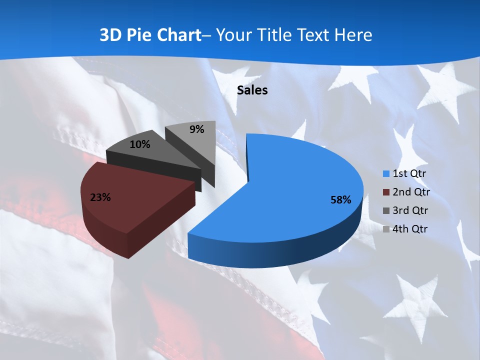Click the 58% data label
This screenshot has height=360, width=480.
tap(340, 200)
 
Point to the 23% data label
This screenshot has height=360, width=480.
tap(100, 197)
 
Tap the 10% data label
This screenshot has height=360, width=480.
tap(139, 144)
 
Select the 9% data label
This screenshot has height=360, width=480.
tap(197, 129)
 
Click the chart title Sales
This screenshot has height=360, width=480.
tap(252, 90)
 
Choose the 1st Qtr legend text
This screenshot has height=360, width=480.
tap(410, 174)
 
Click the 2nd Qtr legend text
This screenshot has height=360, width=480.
tap(411, 192)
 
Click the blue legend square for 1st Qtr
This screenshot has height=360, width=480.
tap(386, 174)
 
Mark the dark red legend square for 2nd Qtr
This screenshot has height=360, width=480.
tap(386, 192)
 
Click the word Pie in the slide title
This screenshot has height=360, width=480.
tap(140, 35)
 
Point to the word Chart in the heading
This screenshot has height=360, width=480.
tap(179, 35)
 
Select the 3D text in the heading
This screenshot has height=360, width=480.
tap(110, 35)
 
